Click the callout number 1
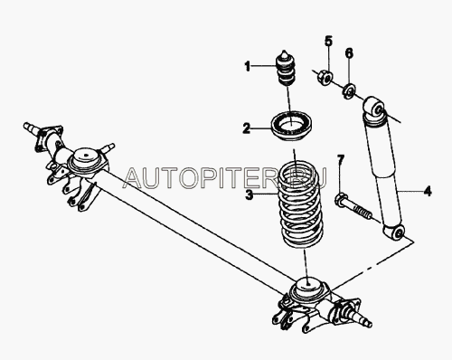coord(248,66)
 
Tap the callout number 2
coord(247,128)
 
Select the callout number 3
coord(249,194)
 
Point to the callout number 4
coord(428,191)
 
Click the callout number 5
coord(328,41)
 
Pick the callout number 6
coord(349,53)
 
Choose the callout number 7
coord(340,159)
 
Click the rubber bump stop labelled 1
coord(286,68)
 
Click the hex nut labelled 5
coord(325,77)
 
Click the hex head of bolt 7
coord(341,200)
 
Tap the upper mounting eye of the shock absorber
coord(373,108)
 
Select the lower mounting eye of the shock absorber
coord(394,232)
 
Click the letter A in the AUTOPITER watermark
coord(135,178)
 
